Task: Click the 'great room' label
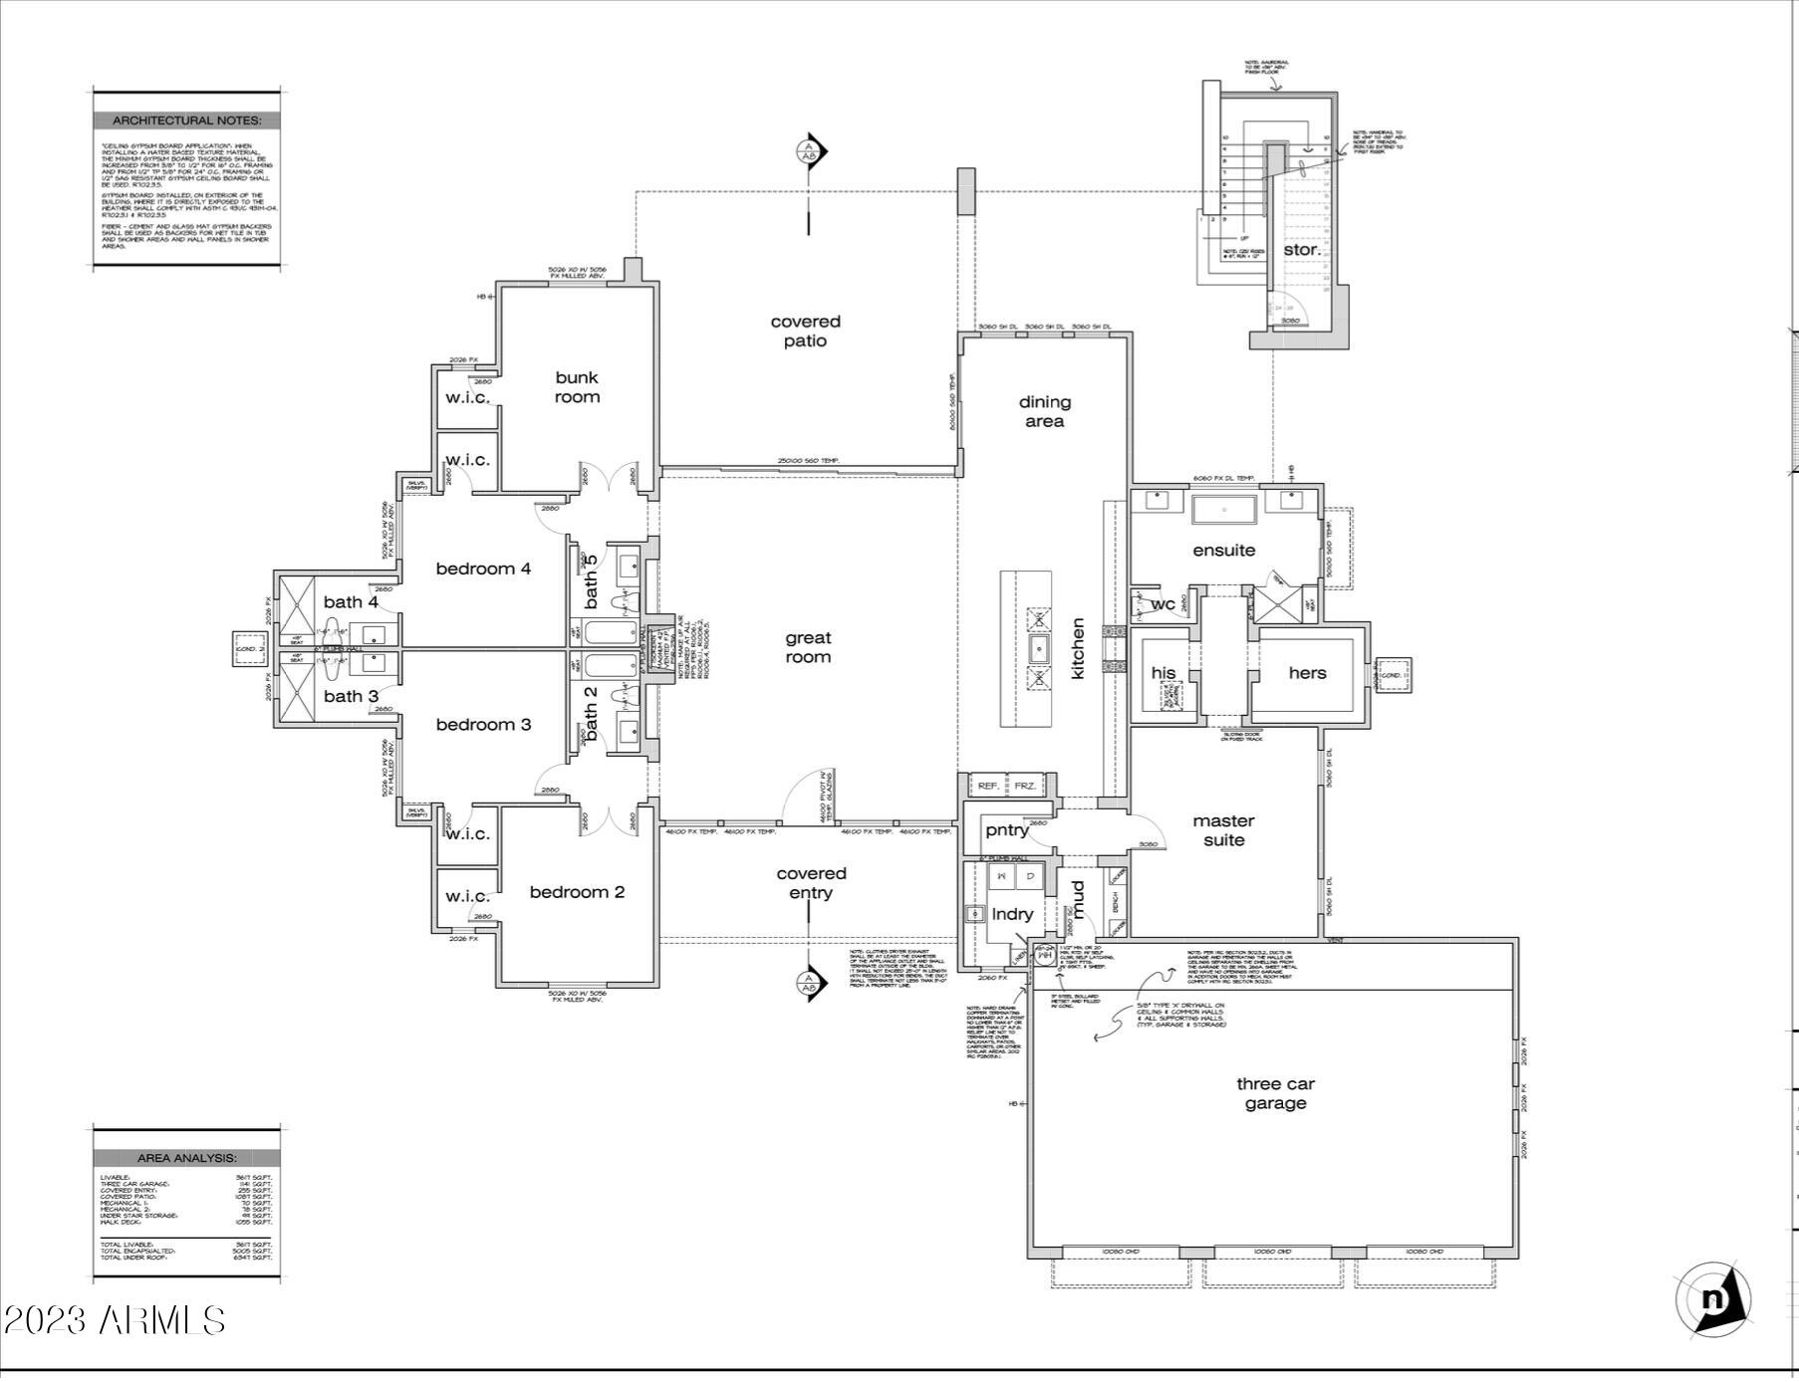807,648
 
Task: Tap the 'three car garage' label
1275,1093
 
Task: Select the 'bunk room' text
577,387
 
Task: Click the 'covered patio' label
805,331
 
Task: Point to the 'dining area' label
1044,411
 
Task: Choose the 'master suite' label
1223,830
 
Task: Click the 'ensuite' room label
1223,551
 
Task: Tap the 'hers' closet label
1307,673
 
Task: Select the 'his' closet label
1162,673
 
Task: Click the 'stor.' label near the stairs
1301,250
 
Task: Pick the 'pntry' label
1006,830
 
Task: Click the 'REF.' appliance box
988,786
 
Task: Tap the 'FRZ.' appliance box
1025,786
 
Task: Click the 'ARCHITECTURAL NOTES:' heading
186,120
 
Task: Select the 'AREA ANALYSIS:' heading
186,1158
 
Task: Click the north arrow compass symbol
1713,1299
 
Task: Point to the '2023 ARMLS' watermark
114,1320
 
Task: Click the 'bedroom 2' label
577,892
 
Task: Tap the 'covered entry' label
811,883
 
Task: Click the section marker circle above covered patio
808,152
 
